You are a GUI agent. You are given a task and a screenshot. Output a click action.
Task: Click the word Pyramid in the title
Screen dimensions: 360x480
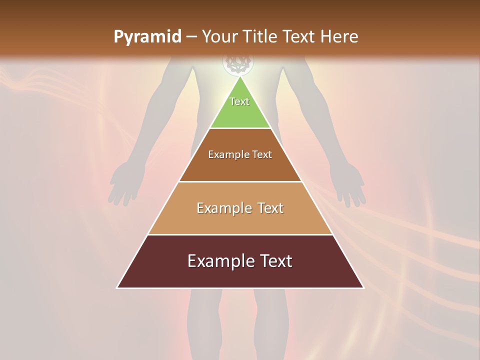pyautogui.click(x=147, y=37)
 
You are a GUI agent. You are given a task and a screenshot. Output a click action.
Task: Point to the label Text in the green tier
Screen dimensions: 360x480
pyautogui.click(x=239, y=101)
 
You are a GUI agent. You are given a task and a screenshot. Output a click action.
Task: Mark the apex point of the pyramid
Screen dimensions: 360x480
pyautogui.click(x=240, y=77)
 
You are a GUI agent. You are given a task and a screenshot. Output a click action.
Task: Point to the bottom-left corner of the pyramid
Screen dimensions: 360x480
pyautogui.click(x=117, y=287)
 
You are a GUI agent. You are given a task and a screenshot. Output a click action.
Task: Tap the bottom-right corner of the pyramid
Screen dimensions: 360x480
pyautogui.click(x=363, y=287)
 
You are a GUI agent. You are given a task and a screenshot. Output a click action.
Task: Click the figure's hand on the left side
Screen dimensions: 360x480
pyautogui.click(x=120, y=185)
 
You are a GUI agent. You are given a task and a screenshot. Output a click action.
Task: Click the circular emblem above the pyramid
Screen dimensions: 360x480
pyautogui.click(x=238, y=63)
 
